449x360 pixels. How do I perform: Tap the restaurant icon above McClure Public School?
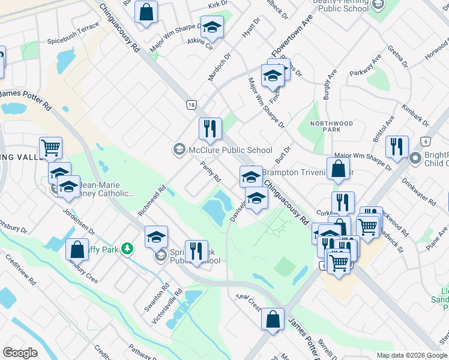[210, 129]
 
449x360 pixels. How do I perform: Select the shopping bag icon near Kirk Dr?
[146, 13]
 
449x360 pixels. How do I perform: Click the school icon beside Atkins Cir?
[211, 28]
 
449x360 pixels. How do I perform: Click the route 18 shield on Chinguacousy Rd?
[191, 104]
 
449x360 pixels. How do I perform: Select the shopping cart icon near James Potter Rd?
[51, 148]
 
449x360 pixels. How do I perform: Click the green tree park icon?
[127, 248]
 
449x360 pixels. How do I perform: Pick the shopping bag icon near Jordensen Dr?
[77, 249]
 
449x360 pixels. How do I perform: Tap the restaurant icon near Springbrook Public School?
[196, 251]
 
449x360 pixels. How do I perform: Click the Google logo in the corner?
[20, 353]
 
